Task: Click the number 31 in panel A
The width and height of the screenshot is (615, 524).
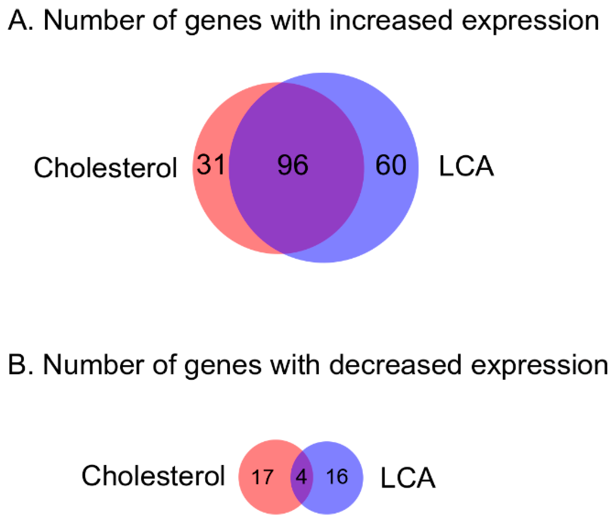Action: (211, 165)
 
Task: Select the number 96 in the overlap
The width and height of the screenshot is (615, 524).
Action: (293, 165)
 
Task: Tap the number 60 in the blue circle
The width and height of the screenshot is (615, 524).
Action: (391, 165)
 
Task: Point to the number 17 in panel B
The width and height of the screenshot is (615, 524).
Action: (262, 477)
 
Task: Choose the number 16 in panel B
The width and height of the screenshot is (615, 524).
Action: (337, 477)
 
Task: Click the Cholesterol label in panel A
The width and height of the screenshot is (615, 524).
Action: (105, 167)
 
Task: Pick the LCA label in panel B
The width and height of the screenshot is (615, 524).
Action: (408, 478)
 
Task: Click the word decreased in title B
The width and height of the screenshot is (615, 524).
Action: (395, 365)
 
